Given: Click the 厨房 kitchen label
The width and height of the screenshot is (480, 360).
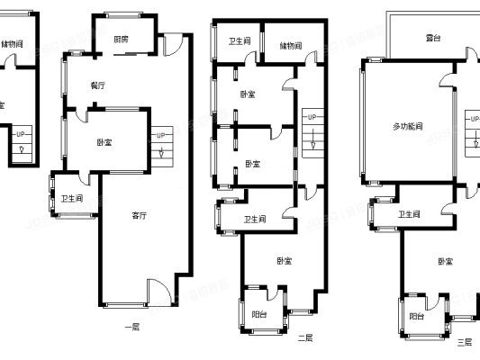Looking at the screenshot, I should [121, 40].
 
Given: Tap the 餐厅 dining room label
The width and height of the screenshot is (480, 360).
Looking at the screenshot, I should [98, 85].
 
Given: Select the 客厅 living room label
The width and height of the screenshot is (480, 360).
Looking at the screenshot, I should [140, 215].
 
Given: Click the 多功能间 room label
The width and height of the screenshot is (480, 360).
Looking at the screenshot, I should [408, 126].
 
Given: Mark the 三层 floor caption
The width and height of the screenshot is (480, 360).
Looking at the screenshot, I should [464, 342].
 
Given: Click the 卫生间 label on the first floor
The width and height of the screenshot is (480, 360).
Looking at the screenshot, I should [72, 199].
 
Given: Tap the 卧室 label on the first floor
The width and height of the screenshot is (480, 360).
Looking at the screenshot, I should [104, 142].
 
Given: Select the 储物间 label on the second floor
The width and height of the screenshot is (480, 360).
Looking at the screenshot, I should [290, 45].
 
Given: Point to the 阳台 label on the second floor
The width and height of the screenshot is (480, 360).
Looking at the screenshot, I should [258, 314].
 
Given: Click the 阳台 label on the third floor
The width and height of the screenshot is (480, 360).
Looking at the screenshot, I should [416, 316].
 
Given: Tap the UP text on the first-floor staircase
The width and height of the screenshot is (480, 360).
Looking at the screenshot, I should [160, 136].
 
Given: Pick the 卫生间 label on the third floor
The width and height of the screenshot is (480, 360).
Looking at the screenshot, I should [410, 214].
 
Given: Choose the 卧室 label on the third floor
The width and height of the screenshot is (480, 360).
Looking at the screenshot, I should [445, 261].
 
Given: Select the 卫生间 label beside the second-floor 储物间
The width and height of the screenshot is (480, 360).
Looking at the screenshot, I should [240, 41].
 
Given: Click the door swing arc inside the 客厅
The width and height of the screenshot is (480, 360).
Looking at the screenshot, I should [157, 290].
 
